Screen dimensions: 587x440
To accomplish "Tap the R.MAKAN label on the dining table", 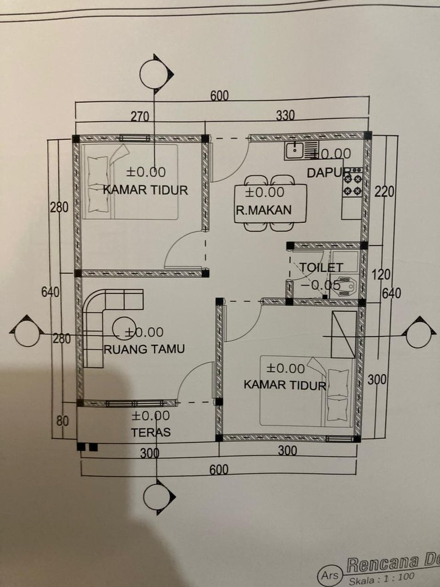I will tap(263, 210).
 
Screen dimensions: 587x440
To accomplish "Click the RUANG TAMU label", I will tap(144, 349).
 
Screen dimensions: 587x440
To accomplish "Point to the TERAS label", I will tap(151, 432).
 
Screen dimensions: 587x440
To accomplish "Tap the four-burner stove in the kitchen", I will tap(352, 184).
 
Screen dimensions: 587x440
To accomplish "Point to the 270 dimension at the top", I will tap(140, 117).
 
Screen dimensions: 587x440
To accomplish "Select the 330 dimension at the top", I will tap(285, 115).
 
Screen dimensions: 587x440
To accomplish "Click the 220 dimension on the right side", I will tap(384, 191).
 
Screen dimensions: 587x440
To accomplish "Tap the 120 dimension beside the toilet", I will tap(381, 274).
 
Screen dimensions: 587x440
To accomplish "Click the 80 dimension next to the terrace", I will tap(63, 421).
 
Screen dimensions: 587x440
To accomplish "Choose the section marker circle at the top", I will tap(153, 74).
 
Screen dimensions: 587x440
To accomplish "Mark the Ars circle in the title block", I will tap(330, 575).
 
